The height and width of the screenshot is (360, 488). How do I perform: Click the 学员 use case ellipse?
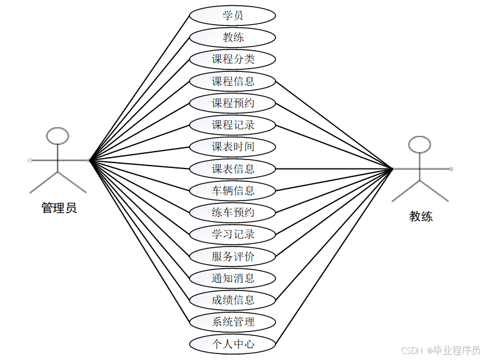(x=233, y=15)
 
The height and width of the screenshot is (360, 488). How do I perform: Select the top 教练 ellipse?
(x=233, y=37)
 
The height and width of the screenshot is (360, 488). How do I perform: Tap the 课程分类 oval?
(x=233, y=59)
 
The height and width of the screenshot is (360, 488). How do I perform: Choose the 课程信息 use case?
(x=233, y=81)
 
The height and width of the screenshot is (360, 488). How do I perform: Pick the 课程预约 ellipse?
(x=233, y=103)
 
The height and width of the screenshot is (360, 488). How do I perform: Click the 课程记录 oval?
(x=233, y=125)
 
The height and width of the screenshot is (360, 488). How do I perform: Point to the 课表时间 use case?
(x=233, y=147)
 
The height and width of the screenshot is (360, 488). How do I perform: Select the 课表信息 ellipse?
(x=233, y=169)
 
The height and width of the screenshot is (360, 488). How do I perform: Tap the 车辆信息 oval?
(x=233, y=191)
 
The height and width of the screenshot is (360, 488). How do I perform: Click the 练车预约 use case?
(x=233, y=213)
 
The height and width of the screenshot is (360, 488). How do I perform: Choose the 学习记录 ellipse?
(x=233, y=234)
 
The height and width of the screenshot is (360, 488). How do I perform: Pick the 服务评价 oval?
(x=233, y=256)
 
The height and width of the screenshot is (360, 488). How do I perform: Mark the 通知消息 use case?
(x=233, y=278)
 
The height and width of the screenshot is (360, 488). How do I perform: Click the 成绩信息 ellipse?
(x=233, y=300)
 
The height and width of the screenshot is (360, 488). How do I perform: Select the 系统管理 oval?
(x=233, y=321)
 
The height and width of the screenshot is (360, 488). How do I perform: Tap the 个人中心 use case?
(x=233, y=344)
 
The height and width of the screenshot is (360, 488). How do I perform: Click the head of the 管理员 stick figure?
(x=58, y=136)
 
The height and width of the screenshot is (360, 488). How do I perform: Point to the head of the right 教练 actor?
(x=420, y=144)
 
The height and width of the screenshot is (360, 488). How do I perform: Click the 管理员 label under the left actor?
(x=59, y=208)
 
